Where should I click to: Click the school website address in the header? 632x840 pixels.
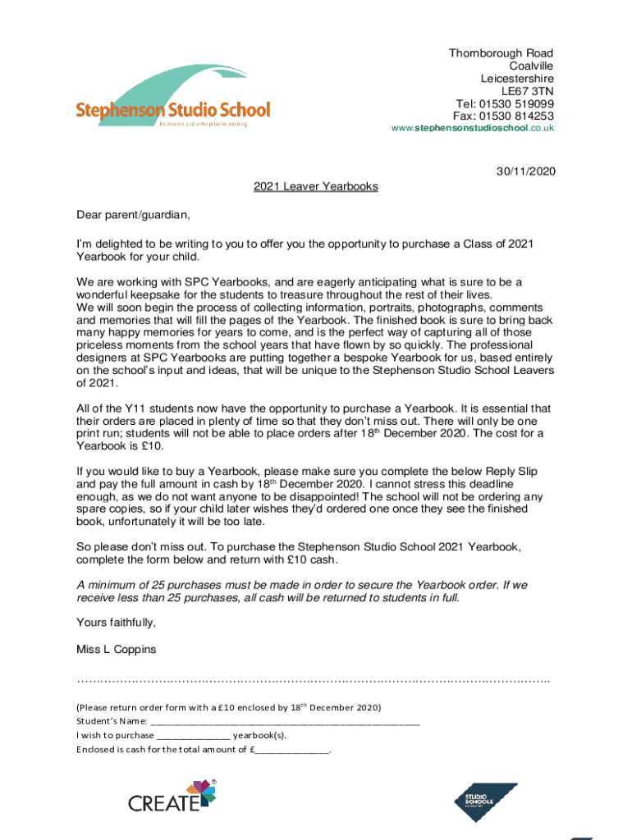(472, 128)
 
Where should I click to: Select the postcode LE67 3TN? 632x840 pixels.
(528, 91)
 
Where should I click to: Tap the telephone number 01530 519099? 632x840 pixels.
(516, 104)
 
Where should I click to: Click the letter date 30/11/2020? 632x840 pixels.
(525, 171)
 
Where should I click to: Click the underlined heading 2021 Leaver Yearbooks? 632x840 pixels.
(315, 186)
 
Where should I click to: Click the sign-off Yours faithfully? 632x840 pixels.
(116, 622)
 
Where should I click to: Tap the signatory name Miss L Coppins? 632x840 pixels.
(115, 650)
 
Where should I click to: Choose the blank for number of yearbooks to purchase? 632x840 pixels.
(194, 736)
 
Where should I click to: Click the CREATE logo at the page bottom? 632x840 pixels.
(173, 797)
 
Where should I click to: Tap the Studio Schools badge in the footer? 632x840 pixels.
(486, 801)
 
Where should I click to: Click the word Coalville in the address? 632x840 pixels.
(530, 66)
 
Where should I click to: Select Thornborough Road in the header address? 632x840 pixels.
(501, 53)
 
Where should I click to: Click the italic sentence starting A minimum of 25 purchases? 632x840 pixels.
(301, 591)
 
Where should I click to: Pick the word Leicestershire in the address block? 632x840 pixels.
(516, 79)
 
